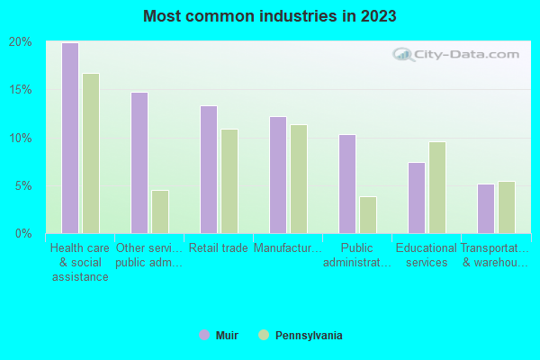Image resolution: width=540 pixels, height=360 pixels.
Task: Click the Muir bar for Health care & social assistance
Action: (x=69, y=138)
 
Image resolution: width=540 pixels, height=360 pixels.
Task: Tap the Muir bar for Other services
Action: (x=139, y=163)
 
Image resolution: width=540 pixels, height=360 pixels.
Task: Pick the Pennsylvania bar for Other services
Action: (x=159, y=211)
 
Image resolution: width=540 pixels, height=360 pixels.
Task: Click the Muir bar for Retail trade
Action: (x=208, y=169)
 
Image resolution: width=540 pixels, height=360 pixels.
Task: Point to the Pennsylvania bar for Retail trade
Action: (x=229, y=181)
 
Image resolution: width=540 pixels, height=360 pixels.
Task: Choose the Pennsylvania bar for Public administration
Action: (x=367, y=215)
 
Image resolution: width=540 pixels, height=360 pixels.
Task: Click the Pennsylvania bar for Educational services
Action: (x=436, y=187)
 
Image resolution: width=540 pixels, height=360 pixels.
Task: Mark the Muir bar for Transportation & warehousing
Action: (x=485, y=209)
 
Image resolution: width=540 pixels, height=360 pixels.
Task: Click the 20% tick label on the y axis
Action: (x=21, y=42)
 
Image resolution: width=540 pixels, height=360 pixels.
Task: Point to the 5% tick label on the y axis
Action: (x=23, y=186)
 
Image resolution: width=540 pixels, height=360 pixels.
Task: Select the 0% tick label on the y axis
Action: (x=23, y=234)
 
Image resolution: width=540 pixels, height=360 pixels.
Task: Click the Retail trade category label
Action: (x=218, y=248)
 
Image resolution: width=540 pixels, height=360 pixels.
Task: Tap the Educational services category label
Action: (x=427, y=256)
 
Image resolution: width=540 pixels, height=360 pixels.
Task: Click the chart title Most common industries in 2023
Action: (x=270, y=16)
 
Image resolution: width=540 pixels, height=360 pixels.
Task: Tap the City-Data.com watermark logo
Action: (x=458, y=54)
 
